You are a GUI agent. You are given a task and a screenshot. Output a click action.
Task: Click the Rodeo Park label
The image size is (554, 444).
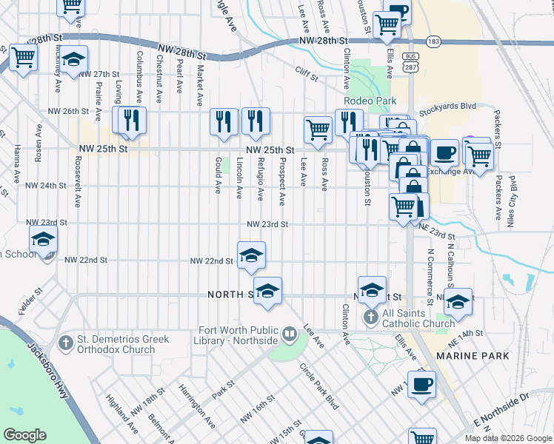pos(368,101)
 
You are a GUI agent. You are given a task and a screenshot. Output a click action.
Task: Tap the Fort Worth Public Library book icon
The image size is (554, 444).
pos(289,334)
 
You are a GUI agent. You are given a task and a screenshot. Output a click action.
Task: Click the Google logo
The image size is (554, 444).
pos(24,435)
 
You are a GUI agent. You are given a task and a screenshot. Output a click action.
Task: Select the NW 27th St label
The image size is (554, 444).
pos(99,75)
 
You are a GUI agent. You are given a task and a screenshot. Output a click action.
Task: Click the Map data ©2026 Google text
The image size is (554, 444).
pos(508,438)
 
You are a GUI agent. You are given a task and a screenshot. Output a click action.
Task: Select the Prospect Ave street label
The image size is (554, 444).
pos(282,181)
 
